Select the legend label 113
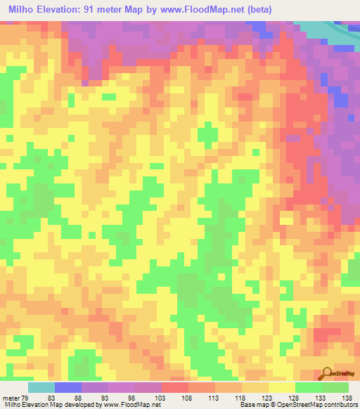click(216, 398)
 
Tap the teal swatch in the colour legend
click(41, 387)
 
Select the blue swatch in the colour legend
click(68, 387)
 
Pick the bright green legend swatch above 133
click(308, 387)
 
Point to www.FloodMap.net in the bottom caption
click(131, 405)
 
